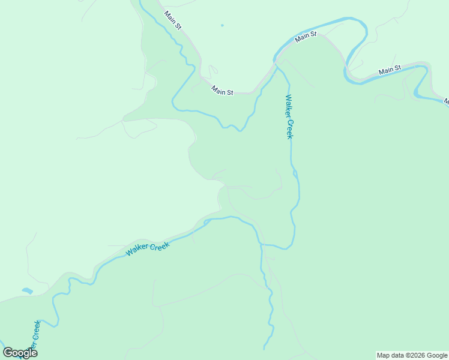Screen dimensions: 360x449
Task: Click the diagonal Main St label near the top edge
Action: point(172,19)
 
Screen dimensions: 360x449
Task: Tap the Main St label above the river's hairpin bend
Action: point(306,37)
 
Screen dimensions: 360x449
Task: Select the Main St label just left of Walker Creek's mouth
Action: point(222,91)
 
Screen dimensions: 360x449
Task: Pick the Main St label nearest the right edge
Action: point(390,71)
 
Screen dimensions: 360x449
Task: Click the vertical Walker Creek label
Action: point(289,117)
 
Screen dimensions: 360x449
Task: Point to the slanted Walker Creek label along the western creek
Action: point(148,247)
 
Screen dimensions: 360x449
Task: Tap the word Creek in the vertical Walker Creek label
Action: point(290,129)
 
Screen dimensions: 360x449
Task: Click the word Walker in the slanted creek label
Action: point(137,251)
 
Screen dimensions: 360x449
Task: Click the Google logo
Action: point(20,353)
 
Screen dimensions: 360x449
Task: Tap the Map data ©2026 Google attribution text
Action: point(412,355)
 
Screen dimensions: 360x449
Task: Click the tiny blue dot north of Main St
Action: point(222,25)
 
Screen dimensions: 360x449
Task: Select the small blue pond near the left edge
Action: point(27,291)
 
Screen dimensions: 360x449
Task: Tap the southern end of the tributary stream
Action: point(265,348)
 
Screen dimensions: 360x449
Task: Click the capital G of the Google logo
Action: point(8,353)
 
